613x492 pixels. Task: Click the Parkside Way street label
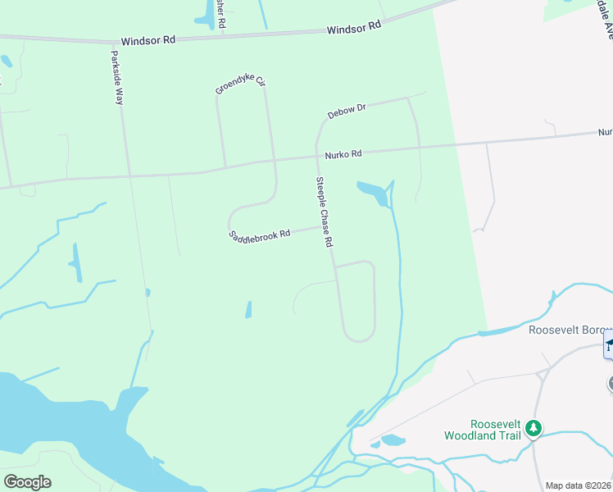click(117, 78)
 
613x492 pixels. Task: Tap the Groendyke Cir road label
click(240, 85)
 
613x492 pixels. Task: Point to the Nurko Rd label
click(343, 154)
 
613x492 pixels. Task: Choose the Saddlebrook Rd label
click(260, 235)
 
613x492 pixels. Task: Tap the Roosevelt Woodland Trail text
click(483, 430)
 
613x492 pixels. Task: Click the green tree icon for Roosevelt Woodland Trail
click(534, 427)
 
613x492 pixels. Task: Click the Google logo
click(27, 482)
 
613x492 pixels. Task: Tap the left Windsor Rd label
click(148, 40)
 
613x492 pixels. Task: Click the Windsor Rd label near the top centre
click(354, 27)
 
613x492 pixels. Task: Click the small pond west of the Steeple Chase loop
click(248, 310)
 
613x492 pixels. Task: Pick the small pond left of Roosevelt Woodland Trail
click(393, 440)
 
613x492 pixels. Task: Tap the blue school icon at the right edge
click(608, 344)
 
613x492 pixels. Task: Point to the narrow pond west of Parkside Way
click(75, 262)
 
